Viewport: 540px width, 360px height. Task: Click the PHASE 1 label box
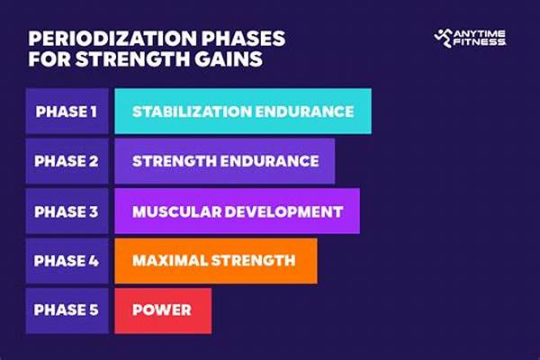click(67, 112)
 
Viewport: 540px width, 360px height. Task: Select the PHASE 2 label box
click(67, 161)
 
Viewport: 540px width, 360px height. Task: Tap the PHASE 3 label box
click(67, 211)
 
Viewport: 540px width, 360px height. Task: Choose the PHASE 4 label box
click(67, 261)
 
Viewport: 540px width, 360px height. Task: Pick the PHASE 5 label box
click(67, 310)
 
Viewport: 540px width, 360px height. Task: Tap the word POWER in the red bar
click(162, 310)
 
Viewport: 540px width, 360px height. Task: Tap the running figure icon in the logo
click(444, 37)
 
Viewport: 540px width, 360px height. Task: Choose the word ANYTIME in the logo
click(481, 32)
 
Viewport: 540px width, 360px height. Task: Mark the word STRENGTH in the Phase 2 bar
click(173, 161)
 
